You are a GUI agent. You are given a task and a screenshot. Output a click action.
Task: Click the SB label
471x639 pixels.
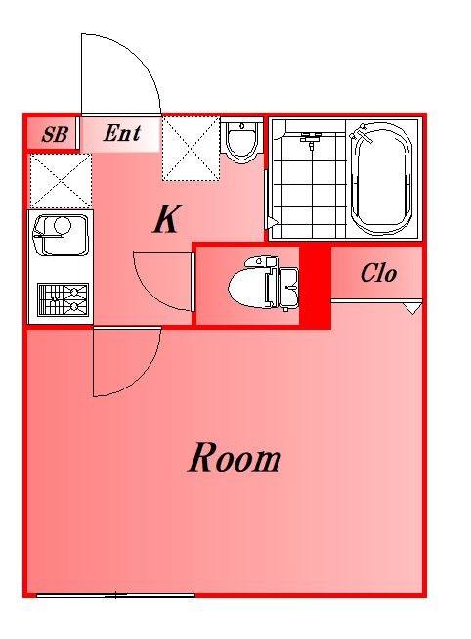(55, 134)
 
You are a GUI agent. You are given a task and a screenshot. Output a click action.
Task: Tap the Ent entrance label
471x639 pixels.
(122, 133)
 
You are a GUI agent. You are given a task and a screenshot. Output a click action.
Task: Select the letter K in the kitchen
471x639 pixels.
(168, 219)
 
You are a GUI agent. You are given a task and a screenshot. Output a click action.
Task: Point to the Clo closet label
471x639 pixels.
(378, 273)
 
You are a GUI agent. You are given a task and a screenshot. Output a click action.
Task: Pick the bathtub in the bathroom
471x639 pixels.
(381, 178)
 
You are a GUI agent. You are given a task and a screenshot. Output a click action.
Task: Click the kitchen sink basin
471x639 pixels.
(61, 235)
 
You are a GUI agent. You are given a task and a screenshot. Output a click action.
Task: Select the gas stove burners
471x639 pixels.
(64, 299)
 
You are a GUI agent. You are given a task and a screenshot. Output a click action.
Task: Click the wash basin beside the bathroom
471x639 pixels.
(241, 141)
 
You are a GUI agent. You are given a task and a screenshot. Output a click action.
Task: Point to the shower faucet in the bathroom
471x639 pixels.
(312, 139)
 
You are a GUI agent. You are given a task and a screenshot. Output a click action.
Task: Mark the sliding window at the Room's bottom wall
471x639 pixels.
(115, 595)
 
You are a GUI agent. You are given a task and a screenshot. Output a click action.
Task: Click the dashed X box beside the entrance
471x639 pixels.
(192, 149)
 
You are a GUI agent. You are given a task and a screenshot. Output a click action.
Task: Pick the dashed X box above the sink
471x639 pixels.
(61, 180)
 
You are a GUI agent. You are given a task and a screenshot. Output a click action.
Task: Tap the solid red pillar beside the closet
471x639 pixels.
(315, 286)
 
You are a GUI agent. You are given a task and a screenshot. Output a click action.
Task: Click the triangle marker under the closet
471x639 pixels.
(412, 308)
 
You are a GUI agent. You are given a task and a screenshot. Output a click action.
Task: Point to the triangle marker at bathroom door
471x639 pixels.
(272, 223)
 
